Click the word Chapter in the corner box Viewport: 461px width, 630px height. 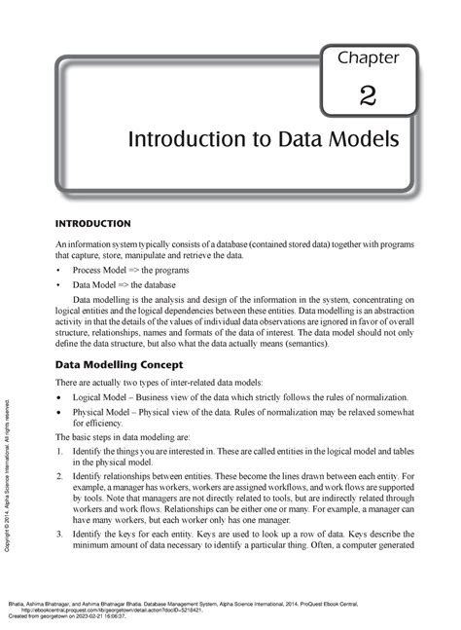(x=368, y=58)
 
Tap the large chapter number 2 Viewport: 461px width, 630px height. (x=367, y=95)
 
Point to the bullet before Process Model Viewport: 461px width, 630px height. (x=60, y=269)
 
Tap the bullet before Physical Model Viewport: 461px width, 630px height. (x=60, y=414)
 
